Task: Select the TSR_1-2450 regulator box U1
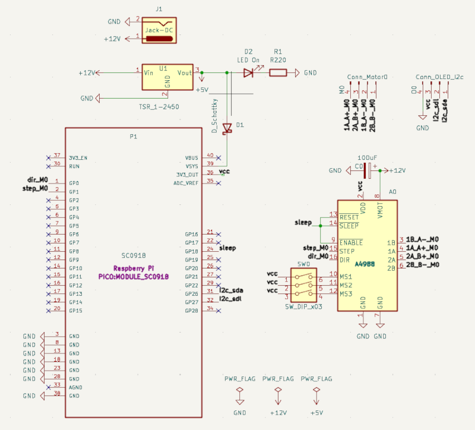[168, 77]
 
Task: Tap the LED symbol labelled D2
[249, 73]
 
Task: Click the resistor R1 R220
[278, 73]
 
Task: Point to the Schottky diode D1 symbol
[226, 128]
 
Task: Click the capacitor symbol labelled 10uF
[367, 170]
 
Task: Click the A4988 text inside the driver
[366, 264]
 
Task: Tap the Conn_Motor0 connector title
[367, 77]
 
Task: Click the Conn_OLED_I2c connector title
[439, 77]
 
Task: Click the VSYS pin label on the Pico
[192, 166]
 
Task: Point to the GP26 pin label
[191, 294]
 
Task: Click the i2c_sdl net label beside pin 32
[231, 299]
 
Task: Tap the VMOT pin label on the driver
[381, 209]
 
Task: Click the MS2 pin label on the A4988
[346, 286]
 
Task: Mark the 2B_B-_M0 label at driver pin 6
[422, 264]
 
